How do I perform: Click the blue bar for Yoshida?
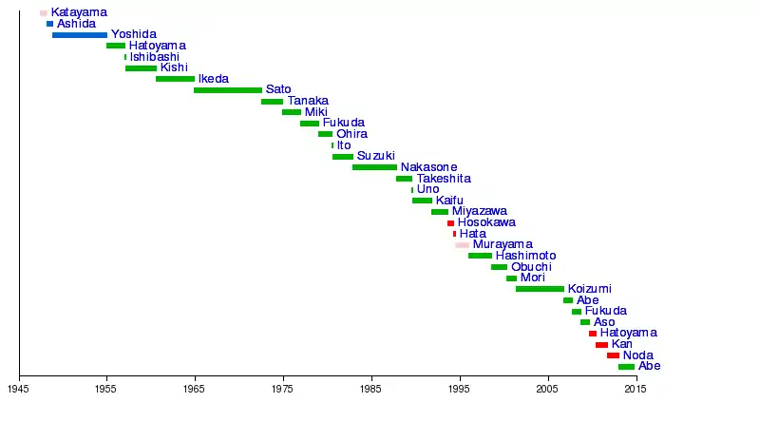tap(80, 35)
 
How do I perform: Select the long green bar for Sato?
tap(228, 90)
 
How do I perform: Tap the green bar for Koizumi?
tap(540, 289)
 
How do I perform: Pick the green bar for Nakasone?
tap(374, 167)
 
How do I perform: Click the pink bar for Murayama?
tap(462, 245)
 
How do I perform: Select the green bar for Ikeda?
tap(175, 79)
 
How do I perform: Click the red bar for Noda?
tap(613, 355)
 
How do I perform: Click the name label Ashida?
tap(76, 24)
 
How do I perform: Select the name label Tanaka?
tap(308, 101)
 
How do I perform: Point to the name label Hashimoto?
tap(525, 256)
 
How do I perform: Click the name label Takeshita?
tap(443, 179)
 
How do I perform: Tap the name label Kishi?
tap(174, 67)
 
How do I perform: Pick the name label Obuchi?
tap(531, 267)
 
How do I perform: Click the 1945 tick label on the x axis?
tap(19, 389)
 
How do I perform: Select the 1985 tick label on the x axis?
tap(371, 389)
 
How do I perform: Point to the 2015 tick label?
tap(636, 389)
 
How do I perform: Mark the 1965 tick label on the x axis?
tap(195, 389)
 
